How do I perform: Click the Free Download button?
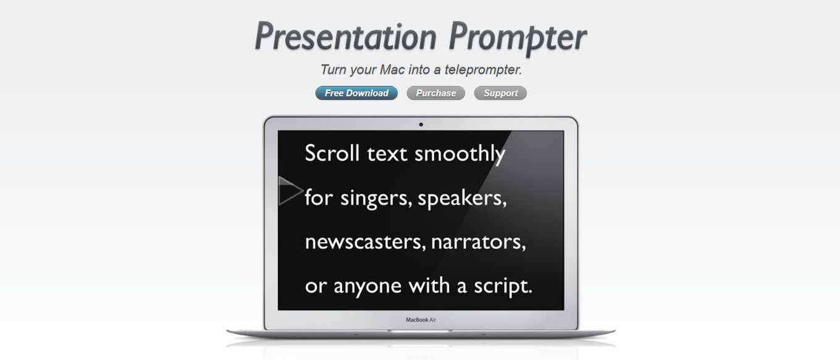(x=356, y=93)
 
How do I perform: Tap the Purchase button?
(x=436, y=93)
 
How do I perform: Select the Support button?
(x=500, y=93)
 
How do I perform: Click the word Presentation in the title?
(x=346, y=36)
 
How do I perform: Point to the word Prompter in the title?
(x=518, y=38)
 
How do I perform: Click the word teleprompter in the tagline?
(x=483, y=70)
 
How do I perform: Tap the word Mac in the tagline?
(x=392, y=69)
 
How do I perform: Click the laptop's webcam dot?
(x=421, y=125)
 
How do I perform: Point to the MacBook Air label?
(x=421, y=320)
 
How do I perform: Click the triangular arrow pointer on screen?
(x=290, y=191)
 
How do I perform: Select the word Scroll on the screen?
(x=332, y=153)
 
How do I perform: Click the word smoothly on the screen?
(x=460, y=154)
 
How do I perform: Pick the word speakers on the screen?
(x=462, y=198)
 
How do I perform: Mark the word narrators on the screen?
(x=479, y=242)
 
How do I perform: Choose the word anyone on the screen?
(x=367, y=287)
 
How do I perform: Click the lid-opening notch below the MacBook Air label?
(x=421, y=331)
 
